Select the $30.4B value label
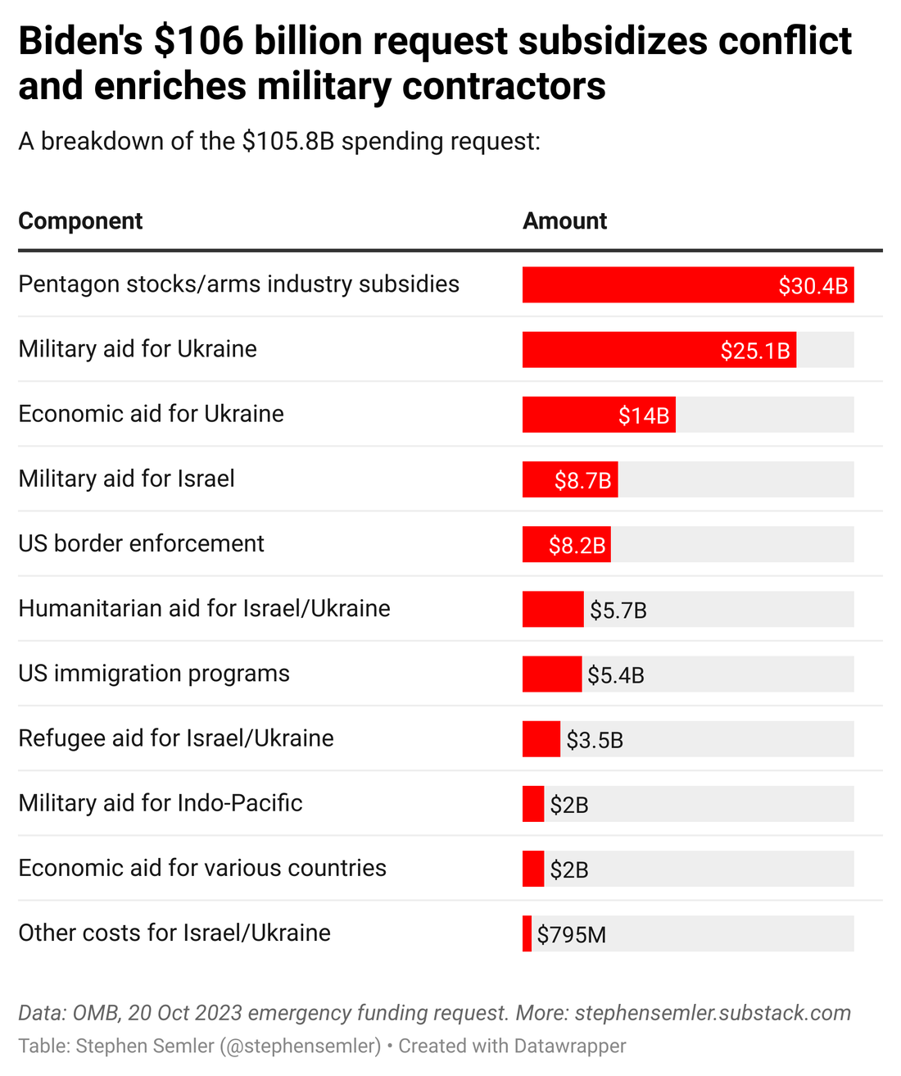point(813,286)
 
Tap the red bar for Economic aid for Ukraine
point(569,415)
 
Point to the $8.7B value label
point(582,480)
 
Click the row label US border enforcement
point(141,543)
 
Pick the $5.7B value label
point(618,611)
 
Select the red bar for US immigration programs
point(552,674)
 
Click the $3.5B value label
point(595,740)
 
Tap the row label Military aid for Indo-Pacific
point(161,803)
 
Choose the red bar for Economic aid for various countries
point(533,869)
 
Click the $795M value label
point(572,934)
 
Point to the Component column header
point(80,221)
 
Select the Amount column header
point(564,221)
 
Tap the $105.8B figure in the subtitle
point(288,142)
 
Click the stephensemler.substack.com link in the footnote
point(713,1013)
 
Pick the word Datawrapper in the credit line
point(570,1046)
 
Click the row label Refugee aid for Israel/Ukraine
point(176,738)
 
